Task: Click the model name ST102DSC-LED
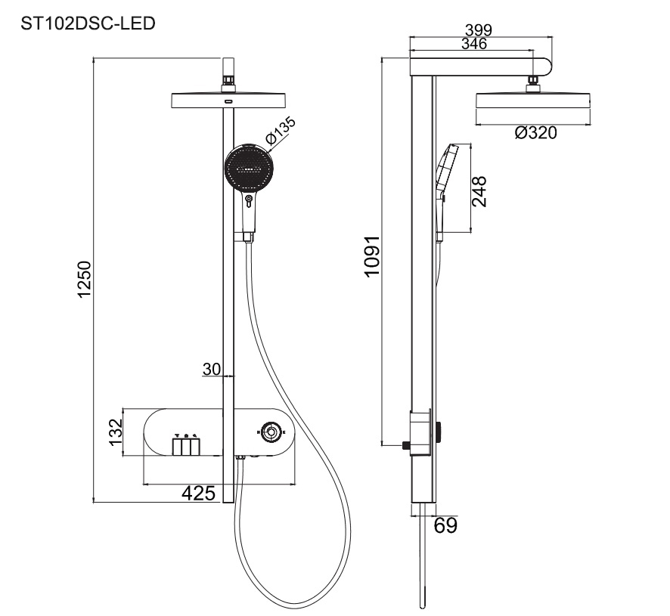click(x=88, y=23)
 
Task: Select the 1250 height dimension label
click(x=85, y=280)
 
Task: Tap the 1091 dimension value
click(x=372, y=256)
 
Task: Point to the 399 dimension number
click(x=479, y=30)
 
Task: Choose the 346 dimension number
click(x=474, y=44)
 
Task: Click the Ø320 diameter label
click(x=536, y=133)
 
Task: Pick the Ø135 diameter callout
click(x=281, y=129)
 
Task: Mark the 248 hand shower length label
click(x=479, y=191)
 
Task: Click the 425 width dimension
click(x=199, y=494)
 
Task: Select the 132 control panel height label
click(x=116, y=432)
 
